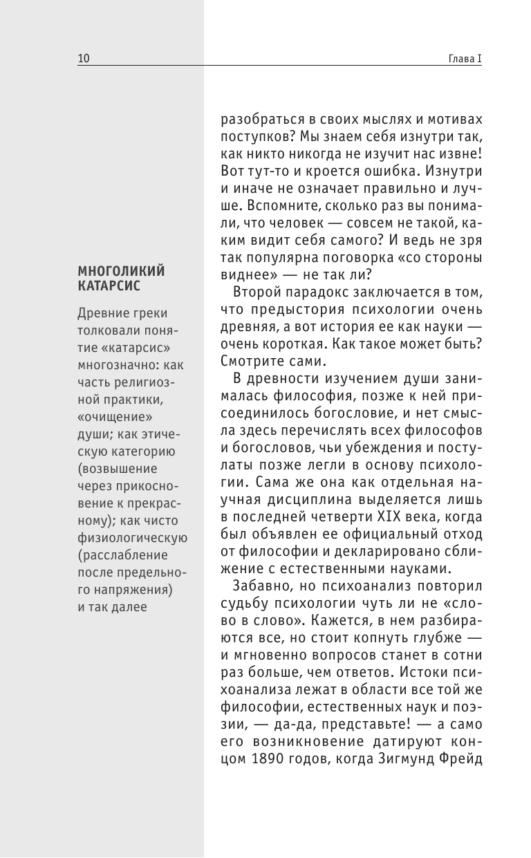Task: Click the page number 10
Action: coord(84,59)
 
